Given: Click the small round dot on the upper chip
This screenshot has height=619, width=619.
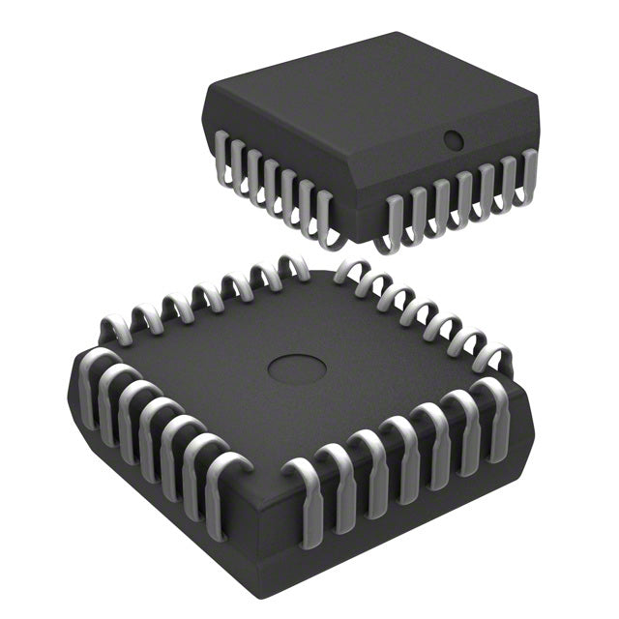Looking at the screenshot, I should coord(451,139).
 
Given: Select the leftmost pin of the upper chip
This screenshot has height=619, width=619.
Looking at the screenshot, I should coord(220,161).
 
